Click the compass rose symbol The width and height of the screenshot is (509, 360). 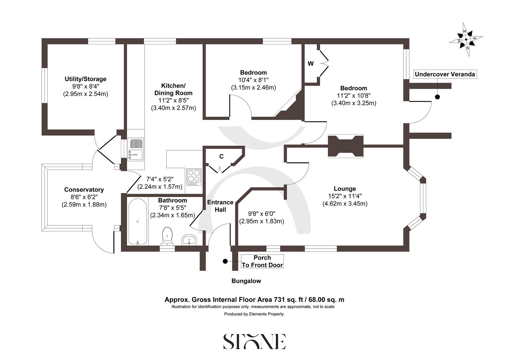466,39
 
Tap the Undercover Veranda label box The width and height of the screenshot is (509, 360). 445,74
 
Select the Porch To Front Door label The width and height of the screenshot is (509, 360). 262,261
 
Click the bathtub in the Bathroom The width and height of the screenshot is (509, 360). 138,222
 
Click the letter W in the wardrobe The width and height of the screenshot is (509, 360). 310,64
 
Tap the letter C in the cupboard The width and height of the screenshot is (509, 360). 221,156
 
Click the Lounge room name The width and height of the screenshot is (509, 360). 345,189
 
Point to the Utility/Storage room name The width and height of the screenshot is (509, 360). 86,79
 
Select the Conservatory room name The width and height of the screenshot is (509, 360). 84,190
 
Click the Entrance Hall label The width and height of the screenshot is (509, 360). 220,206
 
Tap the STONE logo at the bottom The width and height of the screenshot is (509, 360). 254,341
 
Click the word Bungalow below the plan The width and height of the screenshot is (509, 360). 246,281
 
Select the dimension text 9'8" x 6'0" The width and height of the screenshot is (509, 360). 261,214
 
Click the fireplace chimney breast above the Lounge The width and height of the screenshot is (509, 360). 345,146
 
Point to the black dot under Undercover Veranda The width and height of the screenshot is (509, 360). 437,97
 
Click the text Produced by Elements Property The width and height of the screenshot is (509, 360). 254,314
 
